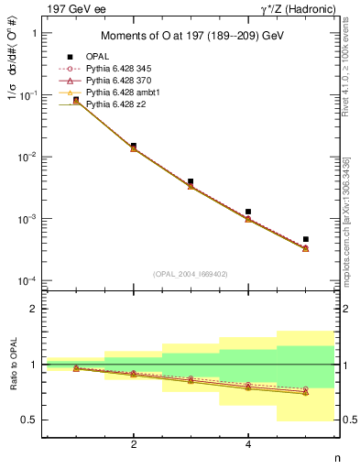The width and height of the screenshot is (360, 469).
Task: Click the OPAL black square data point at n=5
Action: (x=306, y=239)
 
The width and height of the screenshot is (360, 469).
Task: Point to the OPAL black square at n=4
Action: (x=248, y=212)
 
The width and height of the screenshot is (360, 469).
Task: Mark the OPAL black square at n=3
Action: (x=191, y=181)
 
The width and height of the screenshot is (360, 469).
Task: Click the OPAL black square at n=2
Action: (x=134, y=146)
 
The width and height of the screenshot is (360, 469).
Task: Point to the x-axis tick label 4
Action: (x=248, y=444)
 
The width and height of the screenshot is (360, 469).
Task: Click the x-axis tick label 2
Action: (x=134, y=444)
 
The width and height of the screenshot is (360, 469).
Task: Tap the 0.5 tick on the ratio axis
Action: (x=31, y=420)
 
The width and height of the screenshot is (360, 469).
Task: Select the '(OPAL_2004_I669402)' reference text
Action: (x=191, y=274)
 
